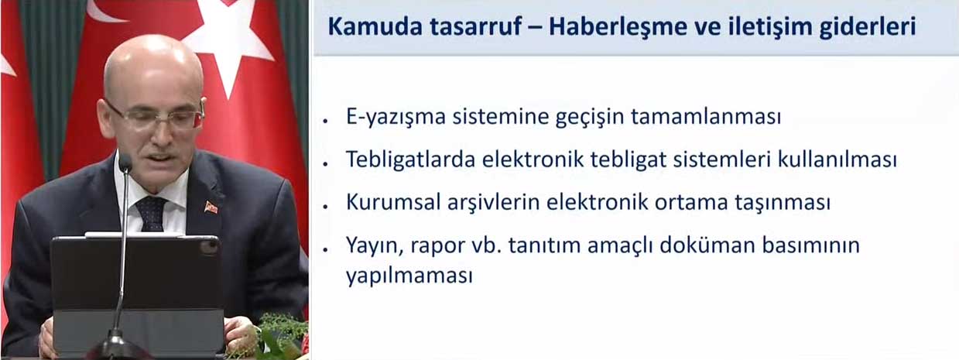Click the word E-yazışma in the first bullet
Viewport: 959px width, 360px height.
click(x=396, y=116)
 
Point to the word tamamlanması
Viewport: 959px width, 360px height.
click(x=706, y=116)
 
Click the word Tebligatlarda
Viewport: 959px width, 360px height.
click(x=411, y=159)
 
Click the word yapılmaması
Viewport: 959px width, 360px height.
click(x=409, y=276)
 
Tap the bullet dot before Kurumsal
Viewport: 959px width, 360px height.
click(x=326, y=207)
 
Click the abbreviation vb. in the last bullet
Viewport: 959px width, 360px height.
click(x=487, y=245)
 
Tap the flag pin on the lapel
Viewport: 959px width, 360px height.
click(x=211, y=207)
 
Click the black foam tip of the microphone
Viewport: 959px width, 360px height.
click(x=125, y=163)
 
